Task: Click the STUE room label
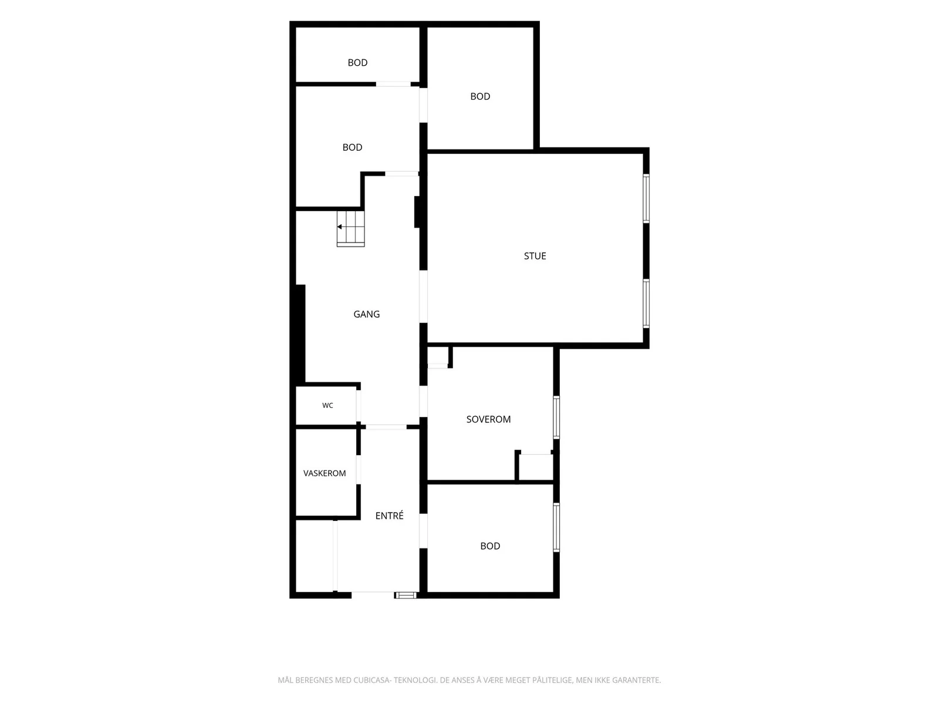535,256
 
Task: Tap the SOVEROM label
488,419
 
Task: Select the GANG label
366,314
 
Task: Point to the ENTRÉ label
389,516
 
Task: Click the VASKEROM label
325,473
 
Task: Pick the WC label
327,405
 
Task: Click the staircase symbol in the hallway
350,229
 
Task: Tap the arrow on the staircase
340,226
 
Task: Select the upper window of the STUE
646,198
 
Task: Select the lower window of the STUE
646,303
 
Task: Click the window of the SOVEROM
556,418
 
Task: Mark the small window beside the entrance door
405,595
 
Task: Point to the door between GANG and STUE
423,296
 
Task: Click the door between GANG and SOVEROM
423,401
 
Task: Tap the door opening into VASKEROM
359,469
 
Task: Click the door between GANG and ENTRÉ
386,427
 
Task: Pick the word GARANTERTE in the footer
637,680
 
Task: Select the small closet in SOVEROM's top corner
438,357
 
